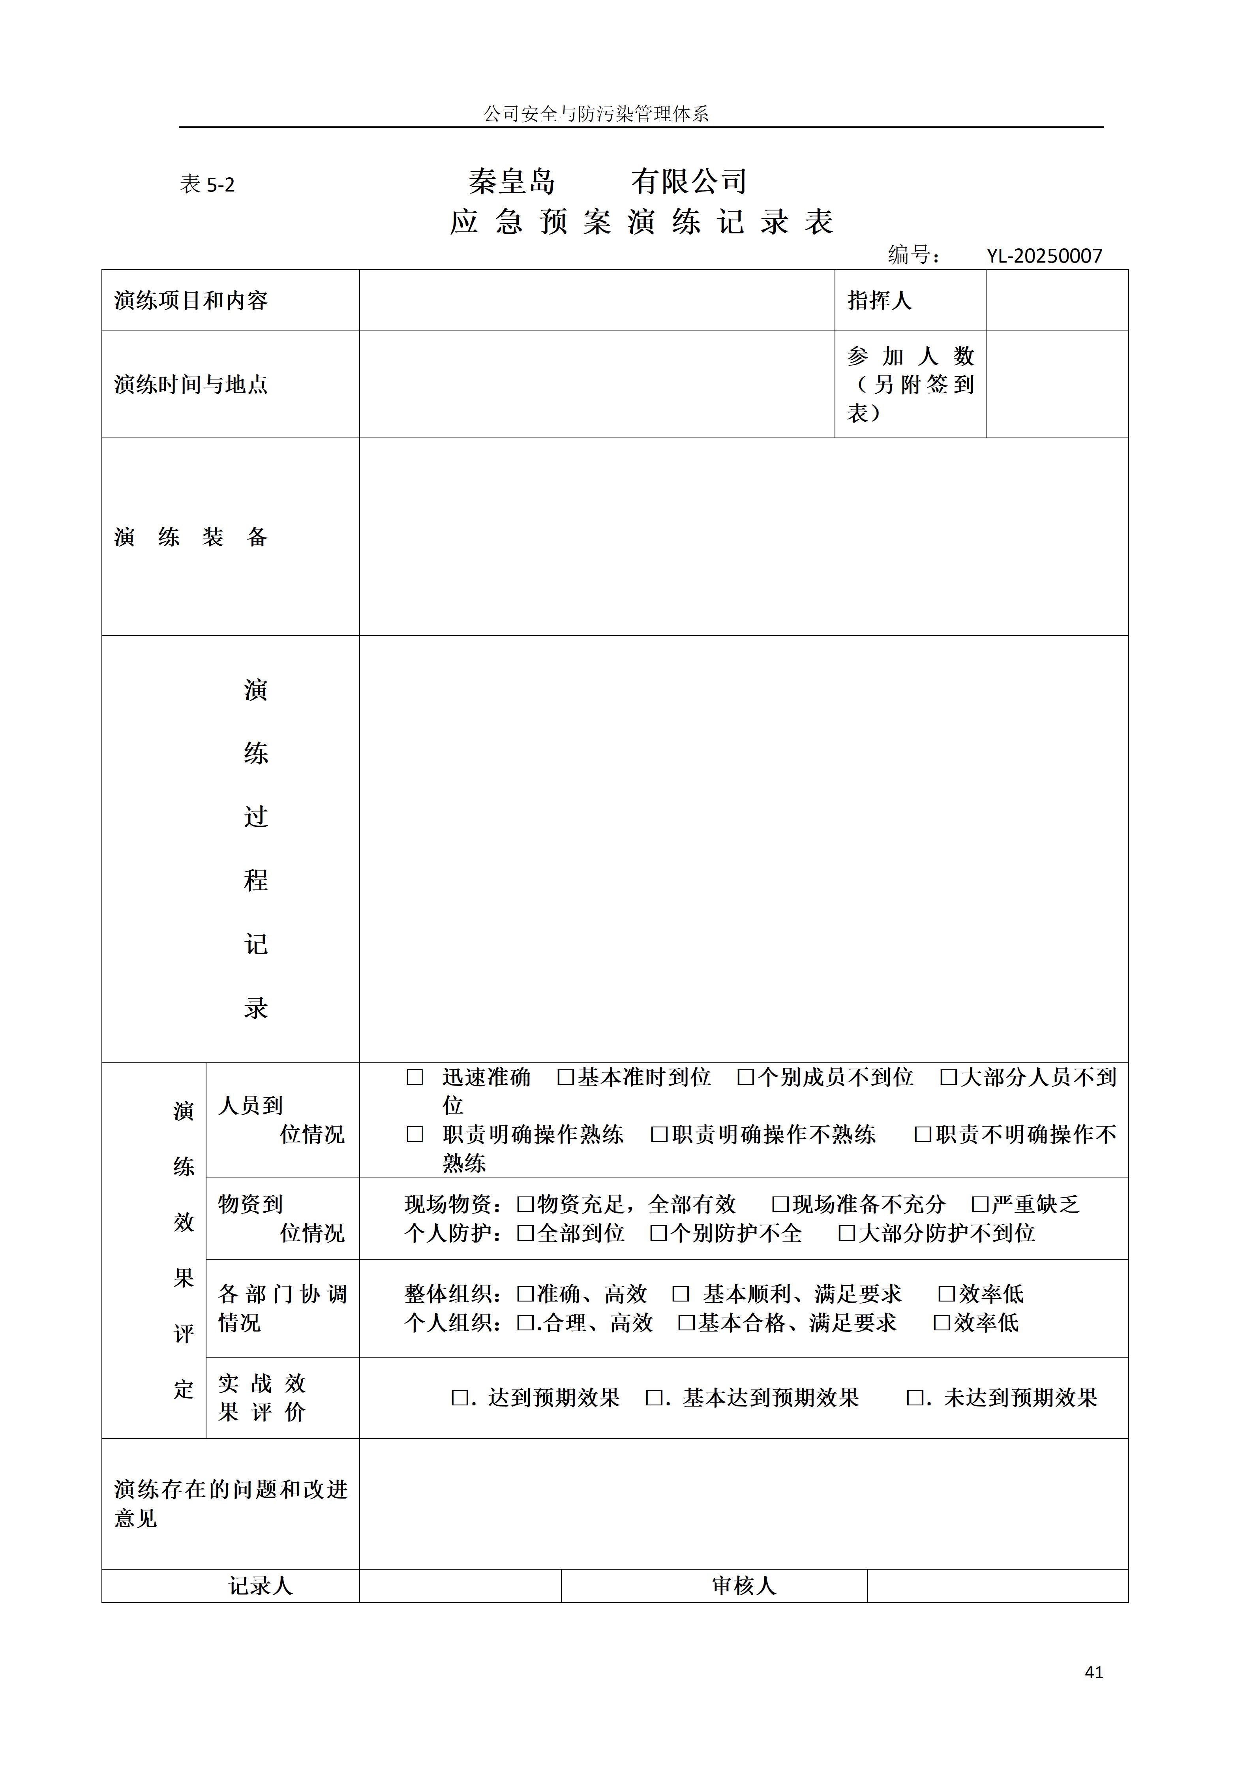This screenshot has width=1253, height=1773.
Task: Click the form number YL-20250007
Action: pyautogui.click(x=1044, y=255)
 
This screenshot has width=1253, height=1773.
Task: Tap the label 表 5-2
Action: pyautogui.click(x=207, y=184)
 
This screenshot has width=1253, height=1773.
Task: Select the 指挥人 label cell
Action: pyautogui.click(x=879, y=301)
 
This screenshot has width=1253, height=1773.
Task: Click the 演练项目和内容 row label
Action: pyautogui.click(x=191, y=301)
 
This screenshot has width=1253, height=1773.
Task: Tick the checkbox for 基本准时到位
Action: pyautogui.click(x=566, y=1077)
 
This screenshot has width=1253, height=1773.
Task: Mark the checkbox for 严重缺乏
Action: pyautogui.click(x=981, y=1204)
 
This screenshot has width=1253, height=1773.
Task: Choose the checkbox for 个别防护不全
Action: pyautogui.click(x=658, y=1233)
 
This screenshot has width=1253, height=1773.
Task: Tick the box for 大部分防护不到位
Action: pyautogui.click(x=847, y=1233)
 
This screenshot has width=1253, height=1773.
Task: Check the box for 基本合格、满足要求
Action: pyautogui.click(x=687, y=1323)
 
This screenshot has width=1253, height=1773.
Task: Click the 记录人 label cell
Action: pyautogui.click(x=260, y=1586)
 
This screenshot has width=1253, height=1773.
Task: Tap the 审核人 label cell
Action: pyautogui.click(x=743, y=1586)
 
